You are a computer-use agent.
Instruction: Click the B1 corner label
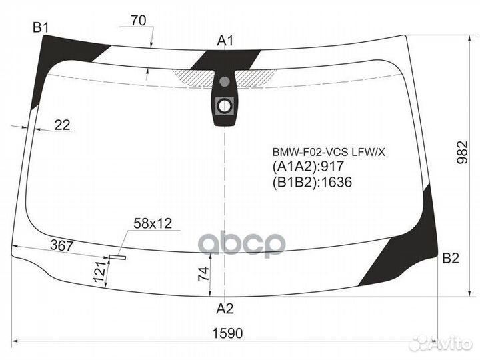[x=41, y=27]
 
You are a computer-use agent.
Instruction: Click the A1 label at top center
[x=225, y=41]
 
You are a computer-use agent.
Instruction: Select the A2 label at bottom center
[x=225, y=308]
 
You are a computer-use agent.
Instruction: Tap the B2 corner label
[x=451, y=259]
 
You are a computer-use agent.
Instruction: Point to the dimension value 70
[x=138, y=20]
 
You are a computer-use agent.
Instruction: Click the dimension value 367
[x=61, y=246]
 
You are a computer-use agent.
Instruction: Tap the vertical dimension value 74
[x=205, y=273]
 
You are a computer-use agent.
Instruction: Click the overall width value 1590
[x=227, y=332]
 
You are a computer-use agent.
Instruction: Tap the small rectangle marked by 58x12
[x=118, y=254]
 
